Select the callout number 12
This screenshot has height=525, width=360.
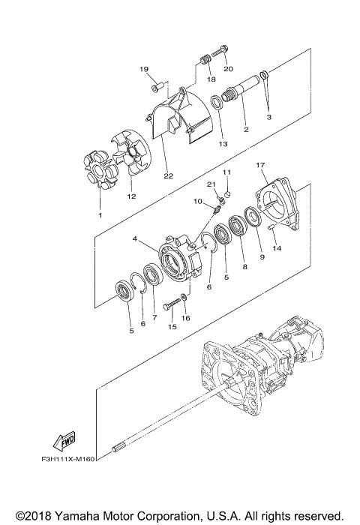[x=131, y=196]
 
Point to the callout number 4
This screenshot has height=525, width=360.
[x=135, y=240]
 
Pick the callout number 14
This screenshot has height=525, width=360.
[x=276, y=248]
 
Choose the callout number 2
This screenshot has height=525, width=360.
[x=245, y=129]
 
